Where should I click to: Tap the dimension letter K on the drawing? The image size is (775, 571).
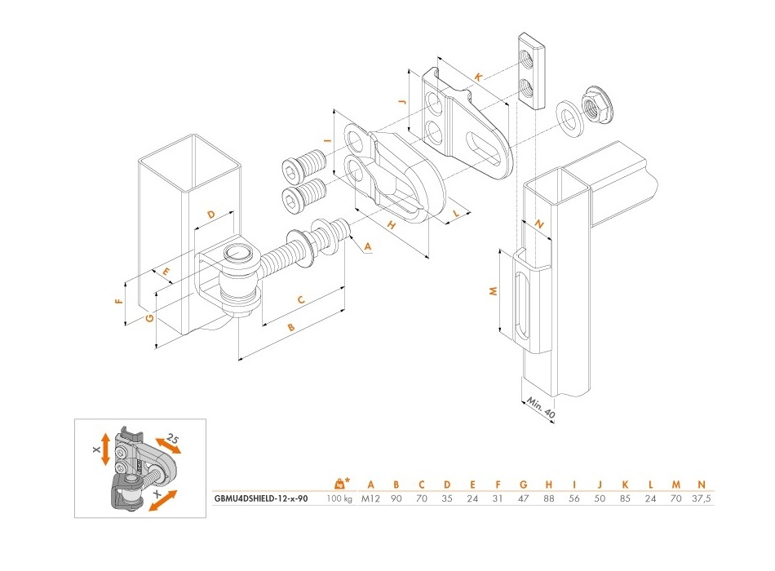478,75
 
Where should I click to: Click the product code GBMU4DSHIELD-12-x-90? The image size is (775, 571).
261,498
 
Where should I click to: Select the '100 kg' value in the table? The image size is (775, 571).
339,498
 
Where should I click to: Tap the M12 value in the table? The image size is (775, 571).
371,498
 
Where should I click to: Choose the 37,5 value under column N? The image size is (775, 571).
701,498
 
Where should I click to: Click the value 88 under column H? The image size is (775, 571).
549,498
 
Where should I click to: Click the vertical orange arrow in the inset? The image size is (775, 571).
105,449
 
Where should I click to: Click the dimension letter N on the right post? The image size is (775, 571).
539,223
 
